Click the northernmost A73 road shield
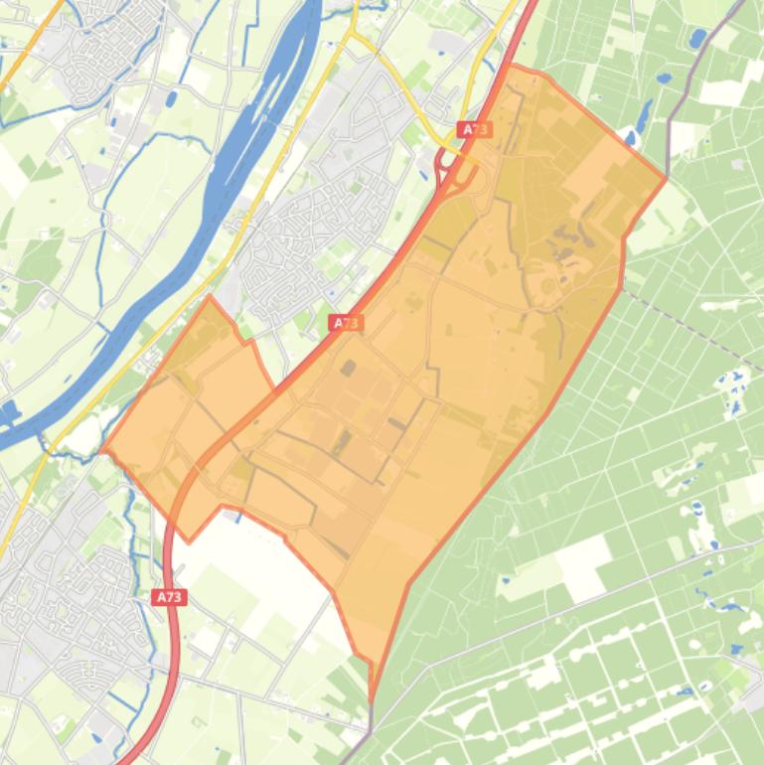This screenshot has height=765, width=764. coord(475,130)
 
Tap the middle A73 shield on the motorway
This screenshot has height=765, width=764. coord(346,323)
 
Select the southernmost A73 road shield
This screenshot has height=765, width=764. coord(170,597)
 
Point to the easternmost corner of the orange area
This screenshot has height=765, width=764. coord(666,180)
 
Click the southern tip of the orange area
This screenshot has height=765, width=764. coord(372,700)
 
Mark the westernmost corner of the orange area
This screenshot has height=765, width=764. coord(102,449)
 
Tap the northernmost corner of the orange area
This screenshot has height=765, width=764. coord(513,66)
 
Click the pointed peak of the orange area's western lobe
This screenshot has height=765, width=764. coord(210,296)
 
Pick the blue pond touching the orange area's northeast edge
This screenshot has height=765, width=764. coord(629,138)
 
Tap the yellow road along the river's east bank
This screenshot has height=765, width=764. coord(288,149)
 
